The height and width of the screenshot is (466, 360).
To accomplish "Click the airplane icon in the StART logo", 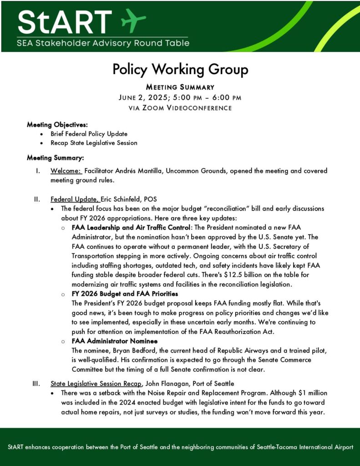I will [133, 20].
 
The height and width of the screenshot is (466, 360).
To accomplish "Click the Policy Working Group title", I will [180, 69].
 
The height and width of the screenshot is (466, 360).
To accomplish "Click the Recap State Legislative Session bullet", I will [94, 142].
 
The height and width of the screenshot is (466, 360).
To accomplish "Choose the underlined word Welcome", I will [66, 171].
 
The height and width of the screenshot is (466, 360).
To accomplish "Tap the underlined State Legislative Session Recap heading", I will [96, 384].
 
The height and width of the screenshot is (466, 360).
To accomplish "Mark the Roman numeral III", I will [36, 384].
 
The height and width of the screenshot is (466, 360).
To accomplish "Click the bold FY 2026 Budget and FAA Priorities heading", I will [125, 294].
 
